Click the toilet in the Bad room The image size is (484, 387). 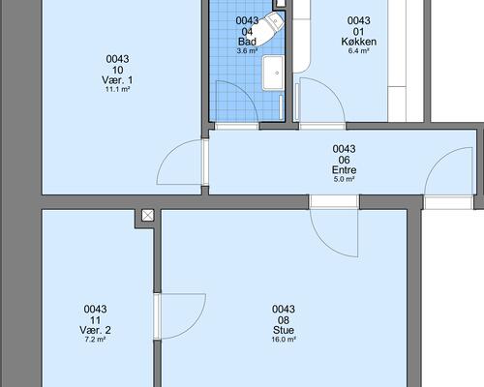(x=268, y=29)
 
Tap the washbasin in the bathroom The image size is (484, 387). (x=273, y=73)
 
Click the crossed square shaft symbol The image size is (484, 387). (x=148, y=215)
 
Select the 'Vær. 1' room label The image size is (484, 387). (x=117, y=80)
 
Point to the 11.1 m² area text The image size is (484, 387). (x=117, y=89)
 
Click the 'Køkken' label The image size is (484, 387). (x=359, y=42)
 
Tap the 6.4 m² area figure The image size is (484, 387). (x=359, y=50)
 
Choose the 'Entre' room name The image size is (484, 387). (x=345, y=170)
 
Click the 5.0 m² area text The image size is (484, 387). (x=345, y=179)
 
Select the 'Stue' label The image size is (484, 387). (x=284, y=330)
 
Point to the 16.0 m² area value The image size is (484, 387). (x=284, y=340)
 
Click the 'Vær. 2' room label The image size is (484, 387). (x=95, y=330)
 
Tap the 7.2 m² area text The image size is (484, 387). (x=95, y=340)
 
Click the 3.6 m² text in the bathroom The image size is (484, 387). (x=247, y=50)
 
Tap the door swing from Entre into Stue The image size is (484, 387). (x=323, y=244)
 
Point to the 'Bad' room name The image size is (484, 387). (x=247, y=42)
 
